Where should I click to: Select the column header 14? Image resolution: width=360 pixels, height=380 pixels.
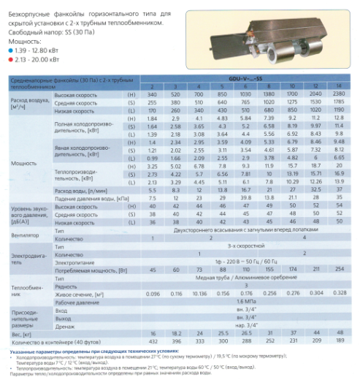[x=338, y=87]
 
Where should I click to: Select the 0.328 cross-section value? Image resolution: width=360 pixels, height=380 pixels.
[x=338, y=292]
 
